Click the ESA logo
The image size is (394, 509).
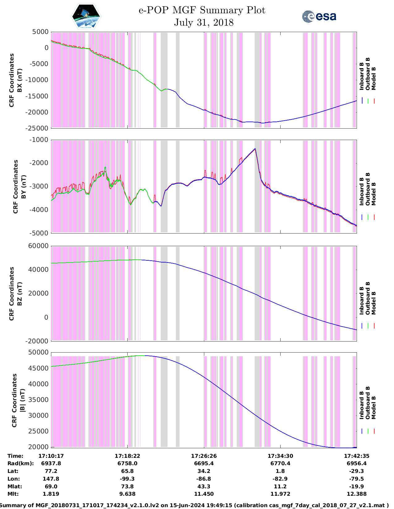coord(319,16)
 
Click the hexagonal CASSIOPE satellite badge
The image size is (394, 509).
coord(86,16)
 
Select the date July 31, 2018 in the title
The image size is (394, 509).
coord(204,23)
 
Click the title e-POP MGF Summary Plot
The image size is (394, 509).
coord(202,10)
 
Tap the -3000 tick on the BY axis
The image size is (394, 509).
coord(40,186)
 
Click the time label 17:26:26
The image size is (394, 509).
coord(204,456)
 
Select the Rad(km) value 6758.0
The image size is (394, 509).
coord(127,463)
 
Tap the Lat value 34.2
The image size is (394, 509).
coord(204,471)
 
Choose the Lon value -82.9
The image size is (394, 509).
coord(280,479)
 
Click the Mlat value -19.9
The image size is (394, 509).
coord(357,486)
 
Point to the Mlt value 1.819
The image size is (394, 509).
coord(51,494)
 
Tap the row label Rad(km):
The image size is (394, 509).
coord(20,463)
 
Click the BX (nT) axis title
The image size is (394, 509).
coord(19,80)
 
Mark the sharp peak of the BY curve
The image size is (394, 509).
coord(255,149)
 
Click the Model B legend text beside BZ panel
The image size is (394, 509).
coord(374,303)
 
